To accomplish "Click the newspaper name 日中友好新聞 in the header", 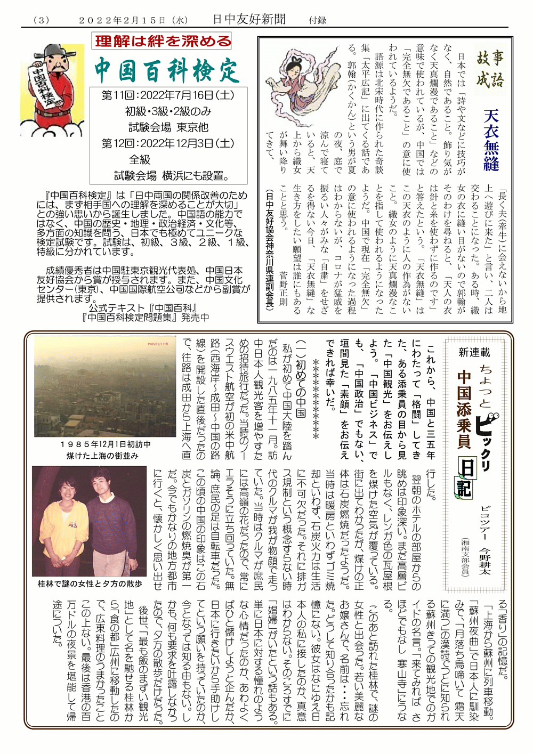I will [249, 20].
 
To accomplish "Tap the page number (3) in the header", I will [41, 20].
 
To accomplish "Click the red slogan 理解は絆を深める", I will [162, 41].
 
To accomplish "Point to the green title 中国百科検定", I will [167, 70].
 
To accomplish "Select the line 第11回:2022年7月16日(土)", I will [168, 95].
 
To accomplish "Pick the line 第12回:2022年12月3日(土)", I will [168, 143].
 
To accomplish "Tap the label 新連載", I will [474, 352].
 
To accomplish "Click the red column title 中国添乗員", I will [464, 410].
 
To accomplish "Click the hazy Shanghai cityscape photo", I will [105, 386].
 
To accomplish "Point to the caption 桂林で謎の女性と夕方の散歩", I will [90, 584].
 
